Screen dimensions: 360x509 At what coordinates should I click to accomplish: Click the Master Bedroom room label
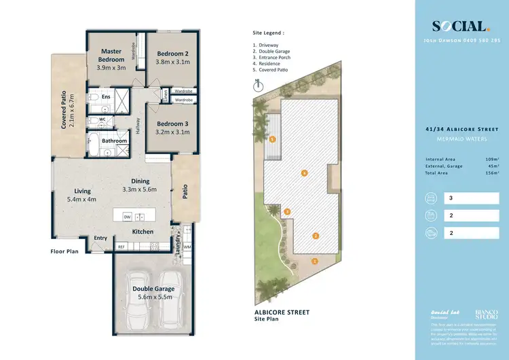point(111,55)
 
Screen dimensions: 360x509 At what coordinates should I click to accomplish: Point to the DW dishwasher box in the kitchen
point(126,217)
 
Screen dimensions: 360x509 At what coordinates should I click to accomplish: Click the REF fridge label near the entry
point(121,247)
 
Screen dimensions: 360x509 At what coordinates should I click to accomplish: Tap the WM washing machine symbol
point(187,247)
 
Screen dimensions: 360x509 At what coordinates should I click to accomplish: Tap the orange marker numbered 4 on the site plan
point(304,174)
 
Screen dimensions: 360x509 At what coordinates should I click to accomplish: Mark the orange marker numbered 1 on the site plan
point(314,261)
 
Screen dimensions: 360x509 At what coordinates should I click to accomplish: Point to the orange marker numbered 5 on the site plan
point(272,139)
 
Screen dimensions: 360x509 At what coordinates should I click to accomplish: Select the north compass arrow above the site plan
point(257,86)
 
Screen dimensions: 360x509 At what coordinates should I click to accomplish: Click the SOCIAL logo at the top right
point(461,26)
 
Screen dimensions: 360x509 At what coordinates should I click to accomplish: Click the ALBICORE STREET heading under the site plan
point(281,312)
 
